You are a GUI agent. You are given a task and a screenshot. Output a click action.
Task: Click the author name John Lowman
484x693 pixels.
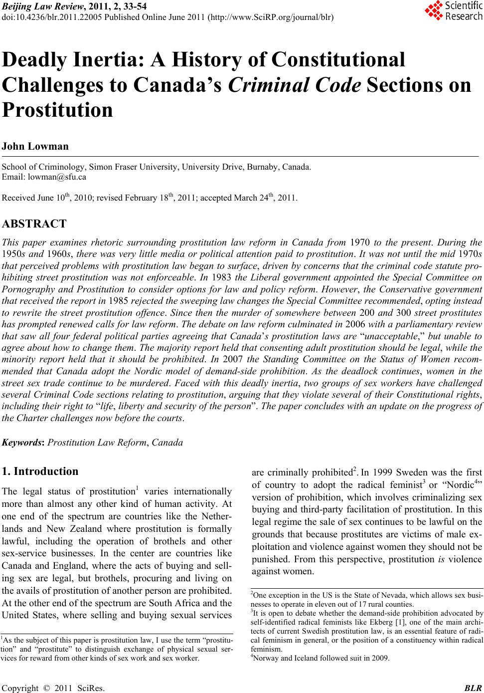(x=35, y=147)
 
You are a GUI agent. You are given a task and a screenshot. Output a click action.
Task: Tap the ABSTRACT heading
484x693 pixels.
(x=34, y=223)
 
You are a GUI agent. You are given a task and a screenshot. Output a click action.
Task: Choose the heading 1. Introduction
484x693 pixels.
(x=40, y=471)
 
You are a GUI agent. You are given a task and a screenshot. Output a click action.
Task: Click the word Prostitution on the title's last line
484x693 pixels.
(x=58, y=110)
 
